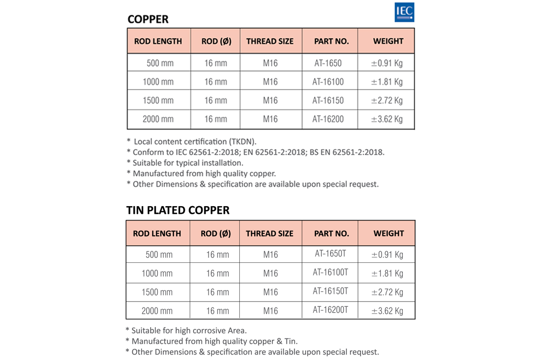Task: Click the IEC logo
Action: pyautogui.click(x=404, y=12)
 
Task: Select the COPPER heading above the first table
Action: pyautogui.click(x=148, y=19)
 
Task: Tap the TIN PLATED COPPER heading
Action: pyautogui.click(x=178, y=210)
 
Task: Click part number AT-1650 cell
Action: pyautogui.click(x=328, y=63)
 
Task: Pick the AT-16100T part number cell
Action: pyautogui.click(x=330, y=272)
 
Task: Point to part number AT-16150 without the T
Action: pyautogui.click(x=328, y=100)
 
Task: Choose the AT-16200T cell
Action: pyautogui.click(x=330, y=310)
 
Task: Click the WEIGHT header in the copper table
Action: pyautogui.click(x=388, y=41)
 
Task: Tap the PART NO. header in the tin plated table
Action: pyautogui.click(x=331, y=234)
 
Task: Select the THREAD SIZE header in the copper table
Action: pyautogui.click(x=270, y=41)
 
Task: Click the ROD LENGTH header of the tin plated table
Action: pyautogui.click(x=157, y=234)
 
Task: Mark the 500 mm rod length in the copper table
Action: pyautogui.click(x=160, y=63)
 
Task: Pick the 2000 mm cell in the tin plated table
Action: pyautogui.click(x=157, y=310)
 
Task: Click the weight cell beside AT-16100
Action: pyautogui.click(x=387, y=82)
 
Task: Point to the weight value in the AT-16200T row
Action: pyautogui.click(x=387, y=310)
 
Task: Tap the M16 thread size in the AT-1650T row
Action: pyautogui.click(x=270, y=255)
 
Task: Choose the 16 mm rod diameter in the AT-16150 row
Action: pyautogui.click(x=216, y=100)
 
